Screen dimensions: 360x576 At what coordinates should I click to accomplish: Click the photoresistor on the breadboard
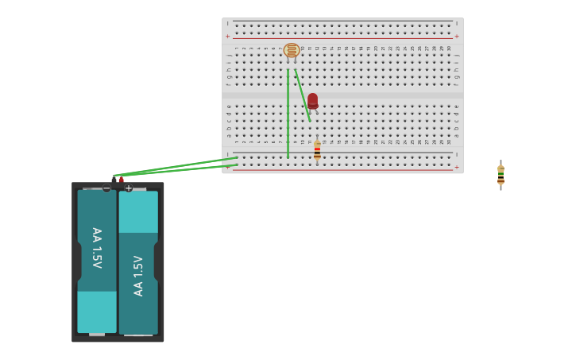pos(292,51)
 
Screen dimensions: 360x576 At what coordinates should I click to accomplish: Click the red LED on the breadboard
pos(312,100)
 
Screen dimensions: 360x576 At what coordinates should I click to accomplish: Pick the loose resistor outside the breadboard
pos(501,176)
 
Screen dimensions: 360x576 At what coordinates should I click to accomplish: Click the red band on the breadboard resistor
pos(317,149)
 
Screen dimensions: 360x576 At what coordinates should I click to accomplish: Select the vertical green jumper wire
pos(288,111)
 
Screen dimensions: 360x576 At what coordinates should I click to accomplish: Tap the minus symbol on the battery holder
pos(106,188)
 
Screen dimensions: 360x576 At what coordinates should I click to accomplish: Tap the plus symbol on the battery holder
pos(129,188)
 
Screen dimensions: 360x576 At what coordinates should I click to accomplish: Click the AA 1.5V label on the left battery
pos(97,248)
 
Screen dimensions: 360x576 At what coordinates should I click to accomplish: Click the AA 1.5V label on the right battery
pos(138,275)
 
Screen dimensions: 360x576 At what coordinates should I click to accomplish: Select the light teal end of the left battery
pos(97,312)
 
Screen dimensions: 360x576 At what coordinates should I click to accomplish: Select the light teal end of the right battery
pos(138,211)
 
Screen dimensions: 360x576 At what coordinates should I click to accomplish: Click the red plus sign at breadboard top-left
pos(227,37)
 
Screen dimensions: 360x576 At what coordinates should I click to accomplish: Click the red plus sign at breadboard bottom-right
pos(456,167)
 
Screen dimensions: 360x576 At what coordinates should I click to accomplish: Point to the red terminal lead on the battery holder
pos(121,180)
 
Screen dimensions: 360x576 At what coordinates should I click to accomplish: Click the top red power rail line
pos(342,38)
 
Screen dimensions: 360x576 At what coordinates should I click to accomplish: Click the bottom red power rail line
pos(342,169)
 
